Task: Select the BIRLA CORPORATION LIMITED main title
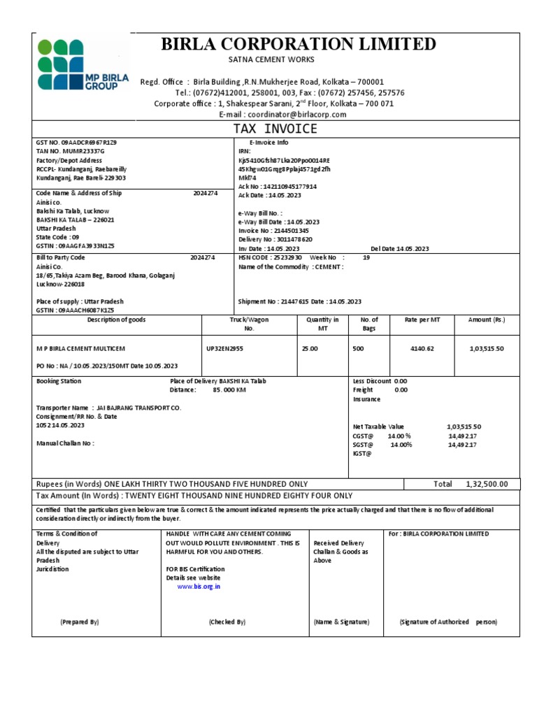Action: pyautogui.click(x=299, y=45)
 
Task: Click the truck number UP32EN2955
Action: pyautogui.click(x=225, y=348)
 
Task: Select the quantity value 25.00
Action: pyautogui.click(x=309, y=348)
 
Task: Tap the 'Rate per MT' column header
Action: pyautogui.click(x=422, y=320)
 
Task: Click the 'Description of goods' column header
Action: pyautogui.click(x=116, y=320)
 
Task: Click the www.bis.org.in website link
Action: pyautogui.click(x=199, y=587)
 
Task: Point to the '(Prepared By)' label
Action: pyautogui.click(x=80, y=622)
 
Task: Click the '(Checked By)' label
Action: pyautogui.click(x=227, y=622)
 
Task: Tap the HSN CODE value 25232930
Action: pyautogui.click(x=282, y=257)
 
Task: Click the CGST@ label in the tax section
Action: pyautogui.click(x=364, y=435)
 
